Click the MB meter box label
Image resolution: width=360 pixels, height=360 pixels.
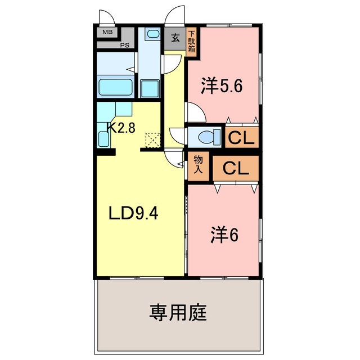pyautogui.click(x=107, y=32)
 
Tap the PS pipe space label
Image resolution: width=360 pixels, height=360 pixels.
pyautogui.click(x=125, y=45)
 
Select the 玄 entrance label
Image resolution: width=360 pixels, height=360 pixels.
pyautogui.click(x=175, y=38)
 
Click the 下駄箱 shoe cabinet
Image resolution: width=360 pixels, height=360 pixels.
pyautogui.click(x=191, y=43)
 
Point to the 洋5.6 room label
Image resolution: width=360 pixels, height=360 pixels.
pyautogui.click(x=222, y=86)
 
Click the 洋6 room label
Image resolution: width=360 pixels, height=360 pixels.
pyautogui.click(x=224, y=235)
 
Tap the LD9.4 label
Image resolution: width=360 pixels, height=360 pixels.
pyautogui.click(x=133, y=213)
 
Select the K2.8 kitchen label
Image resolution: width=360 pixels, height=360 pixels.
pyautogui.click(x=121, y=128)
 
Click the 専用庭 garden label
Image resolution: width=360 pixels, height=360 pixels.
pyautogui.click(x=178, y=313)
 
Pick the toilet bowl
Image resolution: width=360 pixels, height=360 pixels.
pyautogui.click(x=206, y=137)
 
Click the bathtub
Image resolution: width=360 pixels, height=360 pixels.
pyautogui.click(x=115, y=87)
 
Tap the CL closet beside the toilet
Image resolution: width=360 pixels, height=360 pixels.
pyautogui.click(x=242, y=137)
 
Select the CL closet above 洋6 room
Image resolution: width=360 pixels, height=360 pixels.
pyautogui.click(x=236, y=168)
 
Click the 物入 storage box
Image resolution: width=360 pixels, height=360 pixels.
pyautogui.click(x=198, y=166)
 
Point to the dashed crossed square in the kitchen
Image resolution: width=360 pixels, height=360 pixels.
pyautogui.click(x=153, y=140)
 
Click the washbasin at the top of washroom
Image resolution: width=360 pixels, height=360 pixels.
pyautogui.click(x=153, y=34)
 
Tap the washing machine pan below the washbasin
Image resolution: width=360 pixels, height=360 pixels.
pyautogui.click(x=150, y=89)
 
